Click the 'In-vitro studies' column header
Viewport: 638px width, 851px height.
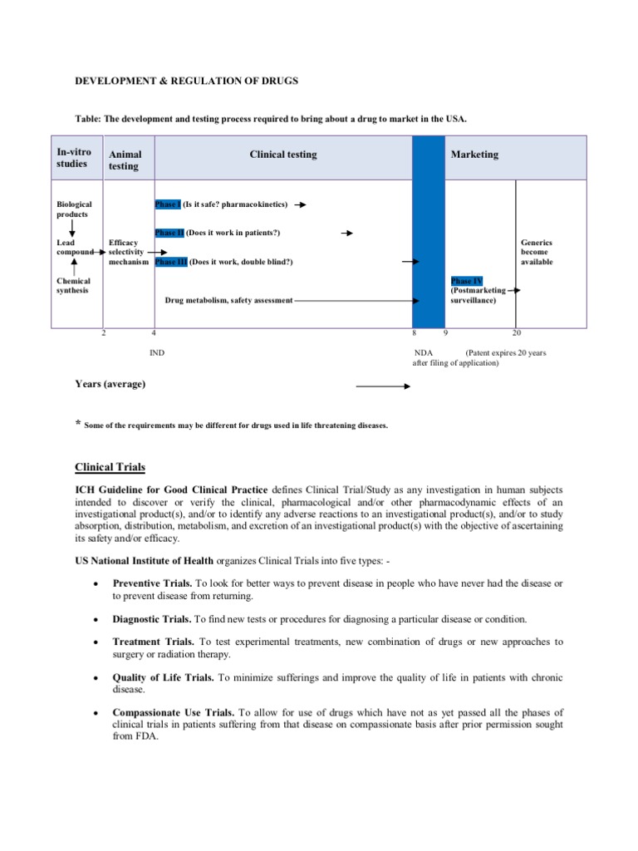pyautogui.click(x=74, y=158)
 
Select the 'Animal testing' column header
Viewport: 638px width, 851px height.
pyautogui.click(x=125, y=160)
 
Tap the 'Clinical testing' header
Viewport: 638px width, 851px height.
pyautogui.click(x=283, y=155)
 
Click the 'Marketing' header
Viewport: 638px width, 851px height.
pyautogui.click(x=474, y=155)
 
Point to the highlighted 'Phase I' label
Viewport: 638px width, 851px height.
pyautogui.click(x=168, y=204)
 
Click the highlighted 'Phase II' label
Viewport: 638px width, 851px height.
pyautogui.click(x=169, y=233)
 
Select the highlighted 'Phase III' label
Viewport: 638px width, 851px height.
pyautogui.click(x=171, y=262)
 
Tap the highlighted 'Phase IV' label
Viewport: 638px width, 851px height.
pyautogui.click(x=466, y=282)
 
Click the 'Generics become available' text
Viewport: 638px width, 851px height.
pyautogui.click(x=536, y=252)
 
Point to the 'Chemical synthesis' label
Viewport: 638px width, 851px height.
pyautogui.click(x=74, y=286)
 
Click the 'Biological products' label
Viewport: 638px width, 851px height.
pyautogui.click(x=74, y=209)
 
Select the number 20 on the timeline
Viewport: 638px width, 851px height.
pyautogui.click(x=516, y=333)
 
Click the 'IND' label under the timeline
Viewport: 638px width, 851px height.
pyautogui.click(x=157, y=353)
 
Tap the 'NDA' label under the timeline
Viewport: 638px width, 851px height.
pyautogui.click(x=424, y=353)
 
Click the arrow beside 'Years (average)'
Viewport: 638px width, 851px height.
pyautogui.click(x=383, y=386)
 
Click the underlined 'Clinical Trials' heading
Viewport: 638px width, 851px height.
pyautogui.click(x=110, y=467)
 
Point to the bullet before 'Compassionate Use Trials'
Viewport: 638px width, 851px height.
pyautogui.click(x=98, y=713)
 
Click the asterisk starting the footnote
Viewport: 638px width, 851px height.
pyautogui.click(x=79, y=425)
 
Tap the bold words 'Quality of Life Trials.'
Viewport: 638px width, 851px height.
pyautogui.click(x=163, y=677)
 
